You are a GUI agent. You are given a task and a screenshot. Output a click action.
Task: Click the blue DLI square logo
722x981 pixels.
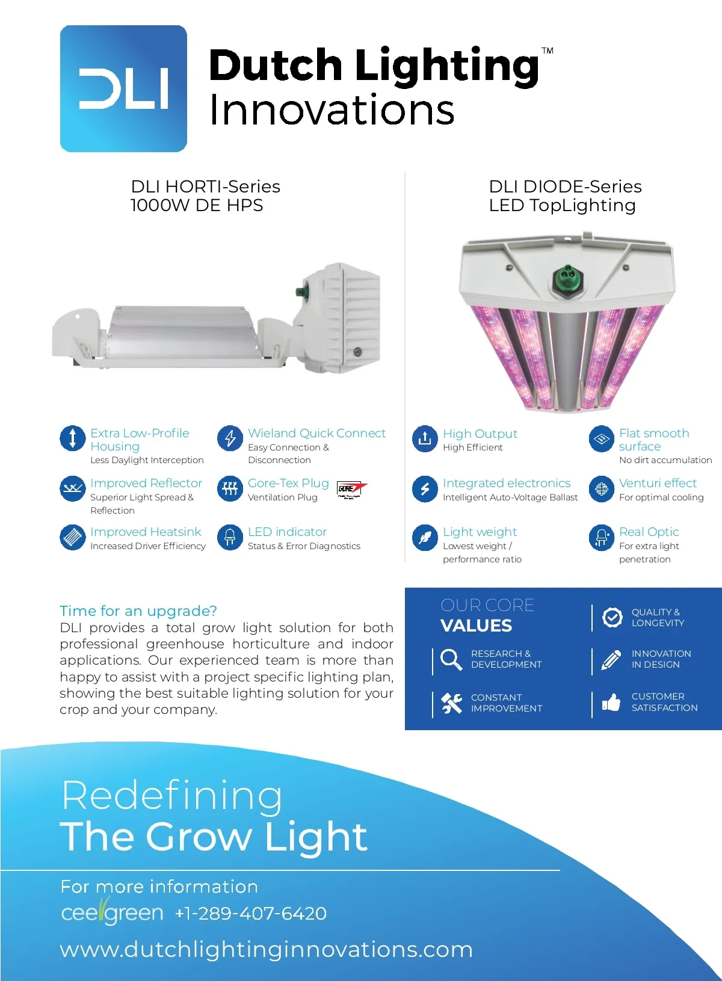tap(123, 88)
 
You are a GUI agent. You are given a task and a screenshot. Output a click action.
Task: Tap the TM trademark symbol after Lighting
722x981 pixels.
tap(548, 51)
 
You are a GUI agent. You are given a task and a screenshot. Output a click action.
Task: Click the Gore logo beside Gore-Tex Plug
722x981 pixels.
tap(351, 490)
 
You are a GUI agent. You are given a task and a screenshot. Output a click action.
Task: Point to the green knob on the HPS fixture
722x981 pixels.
tap(299, 293)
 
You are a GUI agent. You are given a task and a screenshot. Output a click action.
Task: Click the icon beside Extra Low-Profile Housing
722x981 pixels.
tap(73, 438)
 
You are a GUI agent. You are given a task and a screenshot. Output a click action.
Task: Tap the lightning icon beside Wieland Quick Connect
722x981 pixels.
tap(230, 438)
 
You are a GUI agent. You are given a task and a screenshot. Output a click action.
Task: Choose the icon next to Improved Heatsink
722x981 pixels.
tap(73, 537)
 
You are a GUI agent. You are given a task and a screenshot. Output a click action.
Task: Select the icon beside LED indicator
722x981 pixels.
tap(230, 537)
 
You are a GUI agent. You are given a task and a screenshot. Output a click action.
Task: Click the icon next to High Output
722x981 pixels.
tap(425, 438)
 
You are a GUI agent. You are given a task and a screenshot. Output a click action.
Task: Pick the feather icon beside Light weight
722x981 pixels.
tap(425, 537)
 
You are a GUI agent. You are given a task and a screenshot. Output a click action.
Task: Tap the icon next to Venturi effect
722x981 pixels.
tap(601, 488)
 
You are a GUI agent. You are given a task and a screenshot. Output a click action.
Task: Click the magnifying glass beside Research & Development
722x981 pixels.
tap(451, 659)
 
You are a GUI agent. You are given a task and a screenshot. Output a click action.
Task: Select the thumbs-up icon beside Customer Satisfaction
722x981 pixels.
tap(611, 703)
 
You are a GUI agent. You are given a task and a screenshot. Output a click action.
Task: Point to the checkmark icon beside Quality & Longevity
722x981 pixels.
tap(612, 617)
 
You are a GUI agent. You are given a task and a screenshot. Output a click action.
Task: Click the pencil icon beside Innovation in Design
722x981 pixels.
tap(611, 660)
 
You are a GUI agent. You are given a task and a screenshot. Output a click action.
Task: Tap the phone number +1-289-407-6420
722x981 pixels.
tap(251, 914)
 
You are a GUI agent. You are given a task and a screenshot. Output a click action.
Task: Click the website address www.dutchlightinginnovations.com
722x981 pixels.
tap(267, 950)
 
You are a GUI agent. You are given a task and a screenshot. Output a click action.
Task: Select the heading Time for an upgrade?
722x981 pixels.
tap(138, 611)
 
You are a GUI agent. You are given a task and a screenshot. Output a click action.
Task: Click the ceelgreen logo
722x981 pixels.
tap(112, 912)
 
